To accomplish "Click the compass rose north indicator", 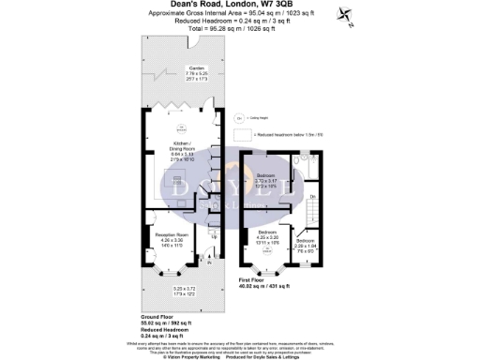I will [x=350, y=16].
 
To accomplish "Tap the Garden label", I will [x=196, y=72].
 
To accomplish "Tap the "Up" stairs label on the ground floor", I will [x=216, y=236].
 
